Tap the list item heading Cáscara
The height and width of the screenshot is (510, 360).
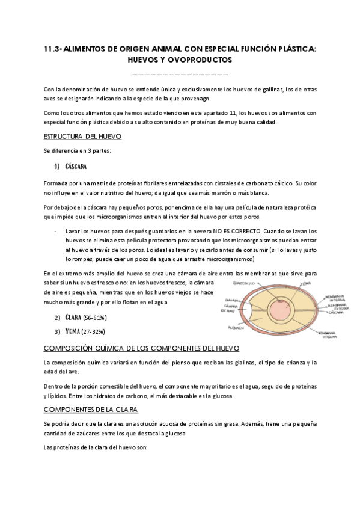tap(78, 166)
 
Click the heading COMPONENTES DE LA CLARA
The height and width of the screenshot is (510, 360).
tap(91, 409)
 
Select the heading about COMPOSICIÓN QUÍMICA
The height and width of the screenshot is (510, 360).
tap(142, 348)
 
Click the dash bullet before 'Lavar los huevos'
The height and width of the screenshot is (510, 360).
tap(55, 231)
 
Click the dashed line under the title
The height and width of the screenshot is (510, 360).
tap(180, 75)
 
